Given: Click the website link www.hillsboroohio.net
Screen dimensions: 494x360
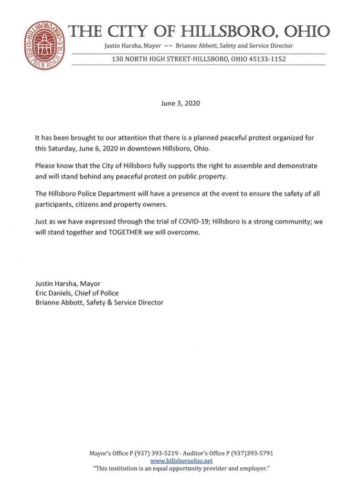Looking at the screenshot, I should (181, 461).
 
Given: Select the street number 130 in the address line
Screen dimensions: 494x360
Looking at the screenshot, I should (118, 59).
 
